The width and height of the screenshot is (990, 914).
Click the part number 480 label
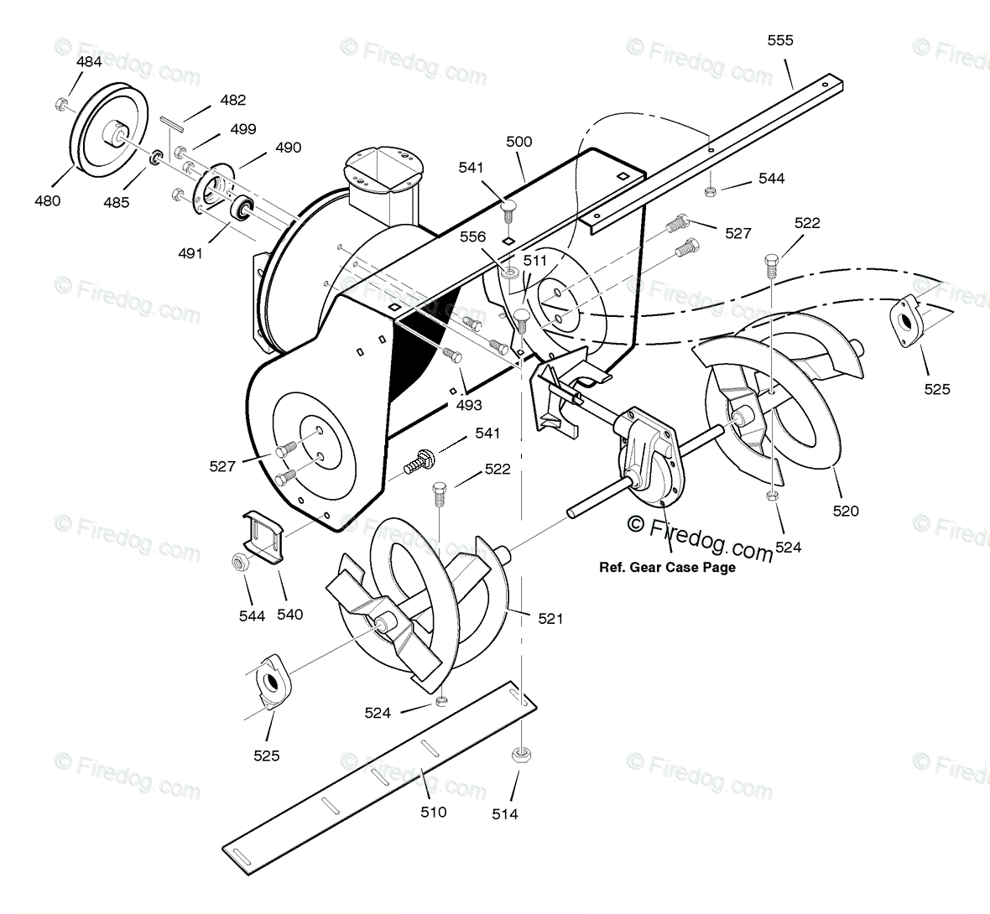tap(47, 201)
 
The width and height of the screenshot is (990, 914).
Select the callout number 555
tap(780, 40)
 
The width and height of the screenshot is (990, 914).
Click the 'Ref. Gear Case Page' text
tap(667, 568)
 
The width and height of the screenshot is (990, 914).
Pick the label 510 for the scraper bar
tap(433, 812)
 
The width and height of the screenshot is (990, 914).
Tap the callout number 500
tap(518, 142)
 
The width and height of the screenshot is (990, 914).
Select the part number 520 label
tap(846, 511)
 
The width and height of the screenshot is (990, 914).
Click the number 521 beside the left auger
tap(550, 619)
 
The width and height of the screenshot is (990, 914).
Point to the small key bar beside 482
tap(173, 124)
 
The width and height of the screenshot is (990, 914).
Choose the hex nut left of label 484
tap(62, 104)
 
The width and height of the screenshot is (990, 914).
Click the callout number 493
tap(469, 405)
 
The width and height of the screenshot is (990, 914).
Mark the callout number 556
tap(472, 237)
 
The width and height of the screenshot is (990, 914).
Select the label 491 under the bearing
tap(190, 252)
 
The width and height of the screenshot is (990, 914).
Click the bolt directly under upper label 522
tap(771, 266)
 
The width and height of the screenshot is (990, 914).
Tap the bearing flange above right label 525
tap(905, 319)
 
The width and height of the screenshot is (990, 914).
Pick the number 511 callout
tap(534, 261)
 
